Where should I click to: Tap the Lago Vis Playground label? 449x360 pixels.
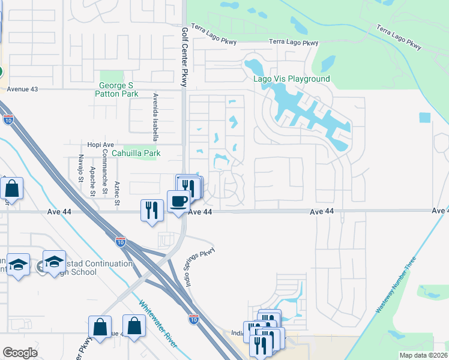point(291,79)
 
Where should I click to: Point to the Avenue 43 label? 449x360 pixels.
point(22,89)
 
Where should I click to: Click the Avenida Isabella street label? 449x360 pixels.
point(155,116)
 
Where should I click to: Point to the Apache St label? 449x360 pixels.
point(93,181)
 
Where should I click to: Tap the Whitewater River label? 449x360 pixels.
point(158,324)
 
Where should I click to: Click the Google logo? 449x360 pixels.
point(20,352)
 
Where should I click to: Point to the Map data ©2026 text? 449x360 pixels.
point(423,355)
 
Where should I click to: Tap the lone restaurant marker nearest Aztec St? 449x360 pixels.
point(151,210)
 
